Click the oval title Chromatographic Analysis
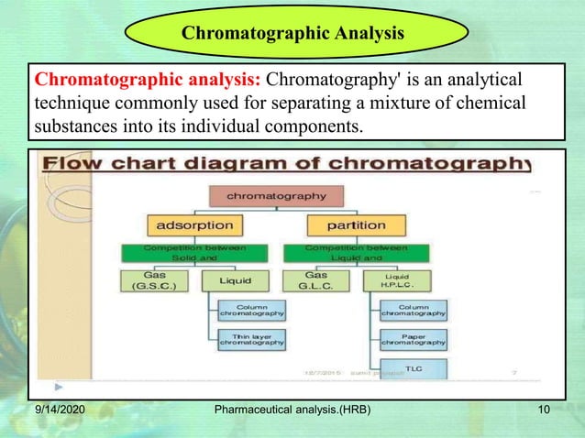[x=292, y=34]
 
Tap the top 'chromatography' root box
[x=276, y=195]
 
